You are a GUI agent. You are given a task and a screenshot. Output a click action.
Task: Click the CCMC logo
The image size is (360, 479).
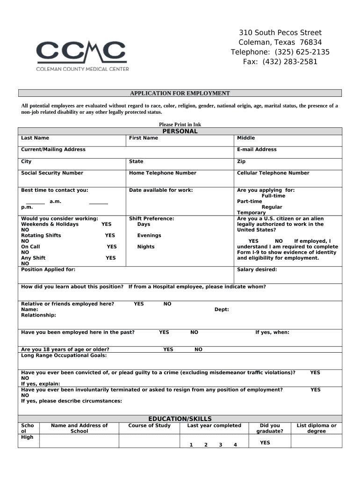(x=82, y=56)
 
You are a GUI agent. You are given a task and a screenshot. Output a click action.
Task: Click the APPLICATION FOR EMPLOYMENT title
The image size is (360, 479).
(x=180, y=93)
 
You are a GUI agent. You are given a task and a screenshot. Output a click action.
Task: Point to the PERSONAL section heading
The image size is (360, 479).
(x=180, y=131)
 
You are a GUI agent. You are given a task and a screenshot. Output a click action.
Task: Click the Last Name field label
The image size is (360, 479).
(x=35, y=138)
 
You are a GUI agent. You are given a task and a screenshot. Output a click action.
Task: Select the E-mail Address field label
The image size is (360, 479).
(x=257, y=150)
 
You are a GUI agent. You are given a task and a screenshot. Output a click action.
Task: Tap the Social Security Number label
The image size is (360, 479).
(x=52, y=173)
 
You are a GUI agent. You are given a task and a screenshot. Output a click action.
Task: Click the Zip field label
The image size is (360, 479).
(x=241, y=161)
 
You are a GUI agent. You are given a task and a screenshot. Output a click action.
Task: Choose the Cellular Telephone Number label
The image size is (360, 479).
(x=273, y=173)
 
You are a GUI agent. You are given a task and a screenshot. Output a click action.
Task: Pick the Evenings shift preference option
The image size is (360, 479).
(x=149, y=235)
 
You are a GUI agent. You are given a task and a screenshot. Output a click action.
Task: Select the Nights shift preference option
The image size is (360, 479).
(x=146, y=247)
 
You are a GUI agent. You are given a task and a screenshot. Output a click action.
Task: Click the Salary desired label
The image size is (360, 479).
(x=257, y=269)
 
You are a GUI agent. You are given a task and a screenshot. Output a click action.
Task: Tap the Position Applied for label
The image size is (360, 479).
(x=48, y=269)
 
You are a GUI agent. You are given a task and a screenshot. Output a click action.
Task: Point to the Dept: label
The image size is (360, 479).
(x=222, y=310)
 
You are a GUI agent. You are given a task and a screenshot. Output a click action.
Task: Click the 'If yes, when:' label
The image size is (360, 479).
(x=272, y=333)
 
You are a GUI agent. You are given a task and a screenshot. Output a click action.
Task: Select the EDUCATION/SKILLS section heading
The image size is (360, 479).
(x=180, y=419)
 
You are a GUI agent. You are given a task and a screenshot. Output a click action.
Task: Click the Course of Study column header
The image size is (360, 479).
(x=150, y=426)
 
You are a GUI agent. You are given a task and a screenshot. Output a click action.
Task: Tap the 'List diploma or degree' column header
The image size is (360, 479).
(x=317, y=428)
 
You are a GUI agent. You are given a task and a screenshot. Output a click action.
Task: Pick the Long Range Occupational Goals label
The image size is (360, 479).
(x=64, y=356)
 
